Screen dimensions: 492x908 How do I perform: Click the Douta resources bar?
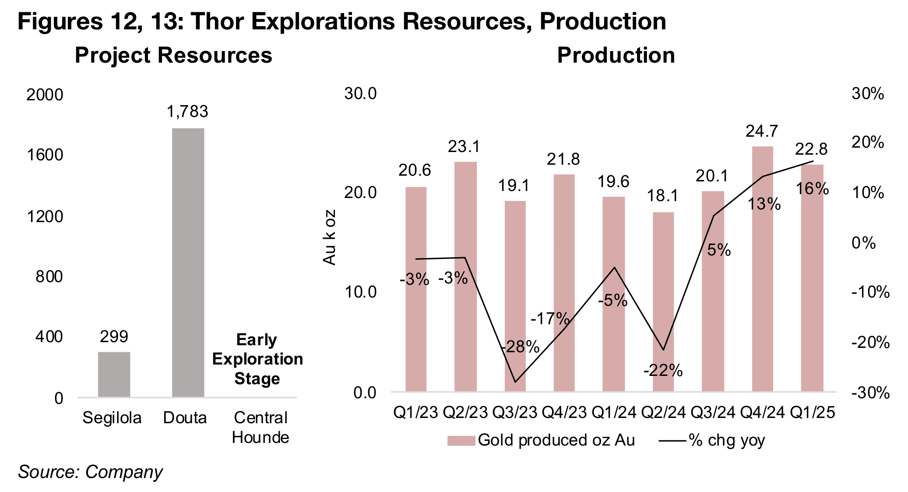188,262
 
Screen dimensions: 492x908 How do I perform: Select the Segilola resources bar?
114,374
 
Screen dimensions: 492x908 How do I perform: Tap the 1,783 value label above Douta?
187,112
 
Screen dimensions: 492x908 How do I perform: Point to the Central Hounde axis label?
260,427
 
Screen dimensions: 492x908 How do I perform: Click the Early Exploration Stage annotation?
257,359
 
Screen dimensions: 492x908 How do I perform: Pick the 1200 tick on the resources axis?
45,216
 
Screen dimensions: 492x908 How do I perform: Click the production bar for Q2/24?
663,302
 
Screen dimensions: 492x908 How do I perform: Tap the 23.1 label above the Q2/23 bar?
464,147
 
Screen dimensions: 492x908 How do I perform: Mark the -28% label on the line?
520,347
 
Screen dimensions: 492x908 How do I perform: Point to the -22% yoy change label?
663,371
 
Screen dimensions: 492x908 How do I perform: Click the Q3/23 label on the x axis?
515,413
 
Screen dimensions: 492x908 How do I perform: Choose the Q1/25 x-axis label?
812,413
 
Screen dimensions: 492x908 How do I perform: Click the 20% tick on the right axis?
867,143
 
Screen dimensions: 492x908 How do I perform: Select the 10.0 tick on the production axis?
360,292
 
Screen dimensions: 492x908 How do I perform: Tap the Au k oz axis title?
329,237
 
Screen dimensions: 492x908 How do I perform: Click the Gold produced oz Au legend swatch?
461,441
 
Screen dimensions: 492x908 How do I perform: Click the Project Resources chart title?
173,56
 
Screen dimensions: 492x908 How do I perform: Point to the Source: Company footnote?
90,472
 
